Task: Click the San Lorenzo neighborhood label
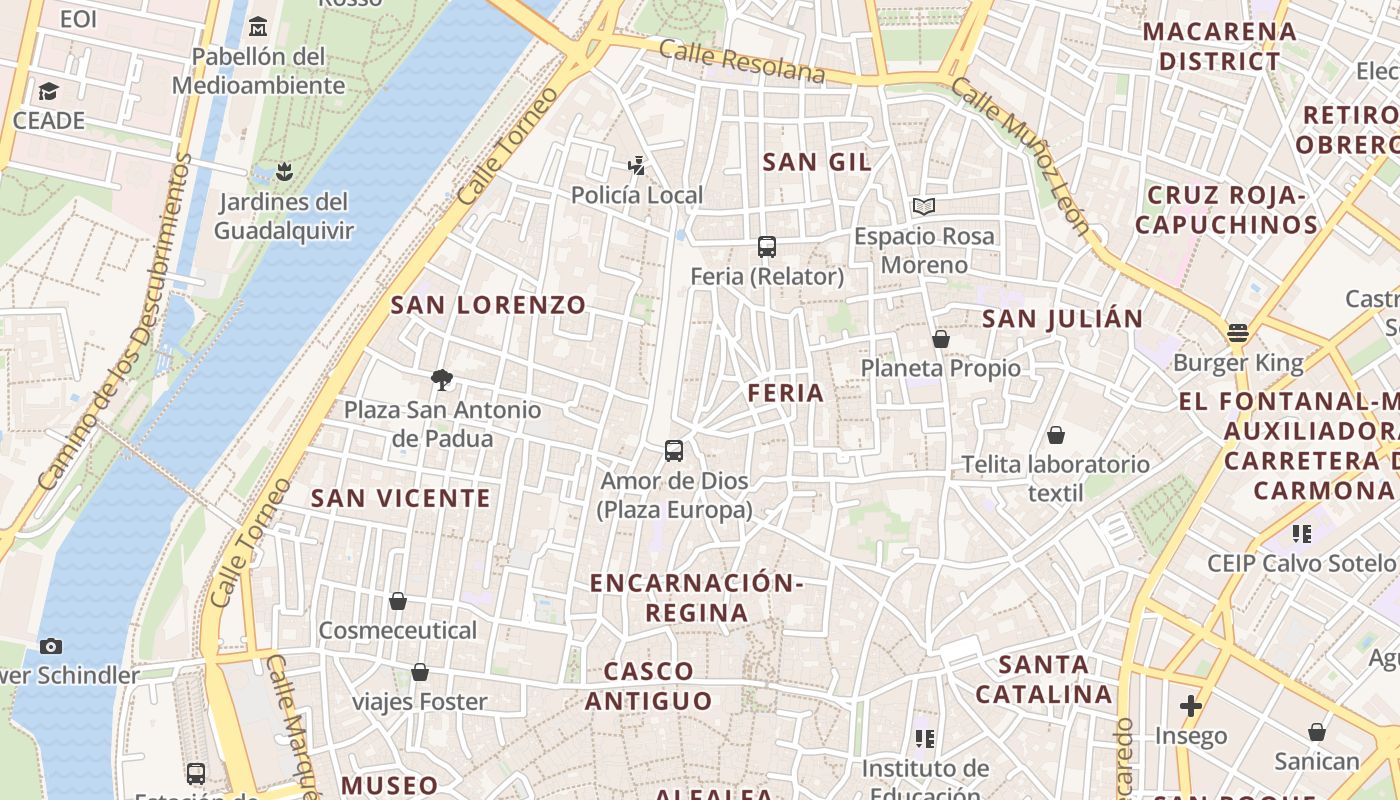[x=488, y=305]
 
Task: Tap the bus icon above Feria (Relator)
[x=767, y=246]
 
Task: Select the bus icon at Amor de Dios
[x=674, y=450]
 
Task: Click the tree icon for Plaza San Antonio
[x=441, y=379]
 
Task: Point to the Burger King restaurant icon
[x=1238, y=333]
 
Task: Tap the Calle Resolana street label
[x=742, y=62]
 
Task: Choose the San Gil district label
[x=817, y=162]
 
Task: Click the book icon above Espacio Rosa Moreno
[x=924, y=206]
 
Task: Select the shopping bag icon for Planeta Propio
[x=941, y=339]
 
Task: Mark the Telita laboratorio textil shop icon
[x=1056, y=435]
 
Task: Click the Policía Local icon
[x=637, y=165]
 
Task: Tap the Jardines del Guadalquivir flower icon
[x=285, y=172]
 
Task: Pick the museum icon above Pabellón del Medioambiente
[x=259, y=26]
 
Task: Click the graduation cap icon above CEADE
[x=48, y=92]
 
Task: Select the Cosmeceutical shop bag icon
[x=398, y=601]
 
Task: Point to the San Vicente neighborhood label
[x=400, y=498]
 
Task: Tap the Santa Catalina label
[x=1044, y=679]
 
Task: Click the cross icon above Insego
[x=1190, y=706]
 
